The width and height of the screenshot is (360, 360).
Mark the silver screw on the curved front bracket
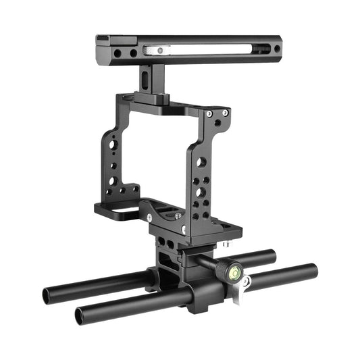click(x=149, y=217)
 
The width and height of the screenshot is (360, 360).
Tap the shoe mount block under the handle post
click(x=153, y=99)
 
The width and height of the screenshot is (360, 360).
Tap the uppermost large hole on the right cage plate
click(x=201, y=163)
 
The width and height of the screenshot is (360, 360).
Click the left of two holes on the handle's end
click(x=118, y=53)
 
